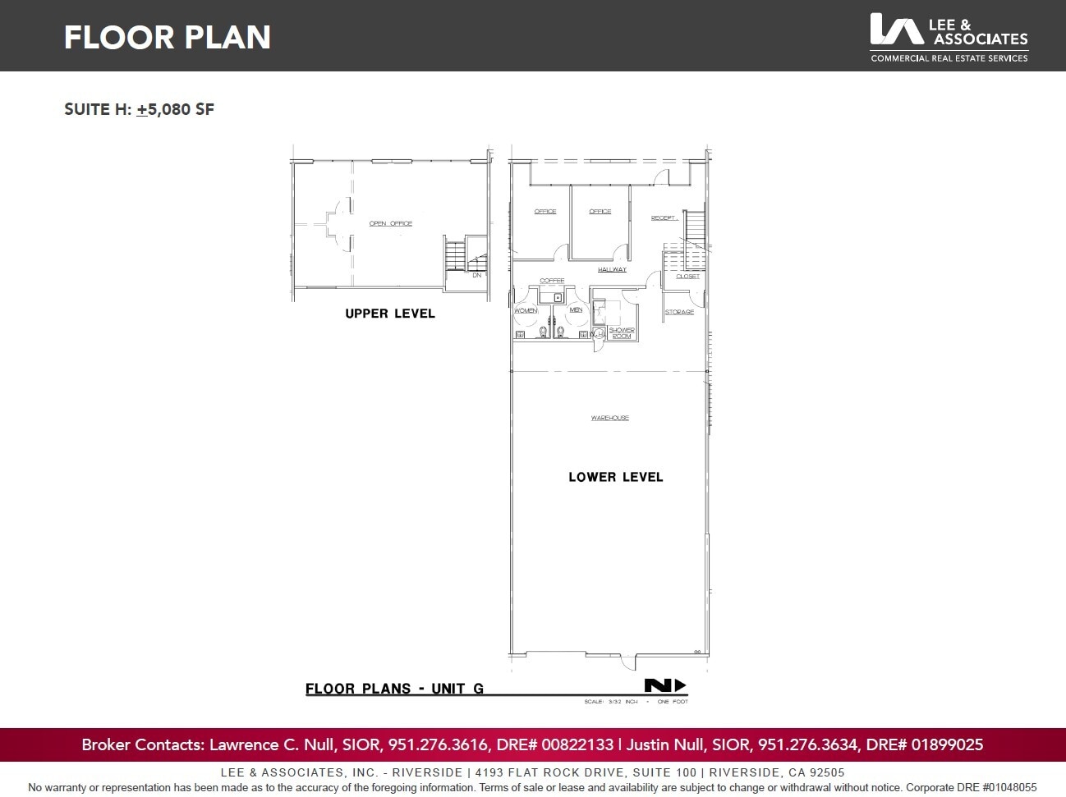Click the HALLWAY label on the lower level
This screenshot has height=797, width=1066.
[612, 269]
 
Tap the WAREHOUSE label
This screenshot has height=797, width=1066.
[610, 418]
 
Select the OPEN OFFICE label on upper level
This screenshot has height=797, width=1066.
[391, 223]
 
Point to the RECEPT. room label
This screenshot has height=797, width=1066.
[664, 218]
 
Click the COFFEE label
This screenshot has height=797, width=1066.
[552, 281]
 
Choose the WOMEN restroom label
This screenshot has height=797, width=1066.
[526, 310]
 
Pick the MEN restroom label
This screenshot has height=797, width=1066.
[576, 309]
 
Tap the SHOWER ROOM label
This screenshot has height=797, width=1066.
[622, 333]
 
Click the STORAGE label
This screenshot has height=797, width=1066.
[679, 312]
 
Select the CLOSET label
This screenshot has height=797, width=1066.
[688, 276]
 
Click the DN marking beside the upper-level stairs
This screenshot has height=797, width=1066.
[477, 275]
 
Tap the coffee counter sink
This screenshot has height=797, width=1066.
[558, 298]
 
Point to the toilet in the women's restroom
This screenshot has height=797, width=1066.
[543, 332]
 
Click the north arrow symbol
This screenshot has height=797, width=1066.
[664, 686]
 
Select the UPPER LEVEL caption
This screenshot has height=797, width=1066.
[390, 314]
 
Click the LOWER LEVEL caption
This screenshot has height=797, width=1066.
[615, 477]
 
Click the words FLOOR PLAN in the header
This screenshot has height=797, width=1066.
[168, 37]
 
